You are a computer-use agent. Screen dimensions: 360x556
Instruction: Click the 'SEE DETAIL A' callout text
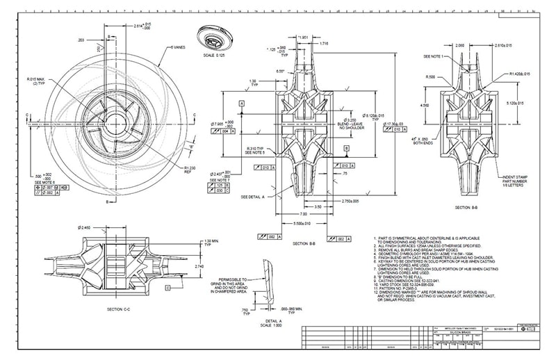(x=254, y=197)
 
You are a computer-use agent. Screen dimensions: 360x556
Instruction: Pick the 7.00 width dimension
(x=303, y=214)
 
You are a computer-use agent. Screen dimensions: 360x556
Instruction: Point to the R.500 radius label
(x=431, y=77)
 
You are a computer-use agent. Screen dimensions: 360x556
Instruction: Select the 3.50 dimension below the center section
(x=316, y=207)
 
